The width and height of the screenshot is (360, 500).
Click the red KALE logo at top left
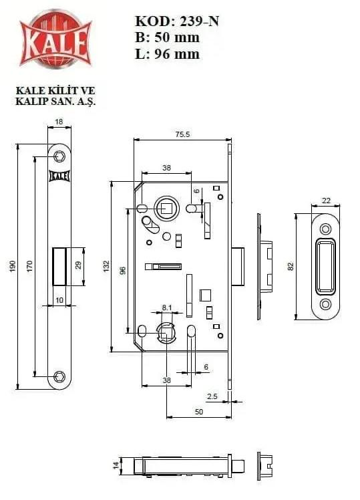[x=55, y=39]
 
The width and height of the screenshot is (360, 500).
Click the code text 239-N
[x=200, y=21]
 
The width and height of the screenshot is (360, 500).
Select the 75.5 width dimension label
[x=182, y=134]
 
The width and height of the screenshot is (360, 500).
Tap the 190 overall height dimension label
[x=13, y=266]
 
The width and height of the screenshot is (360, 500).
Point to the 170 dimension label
[x=29, y=266]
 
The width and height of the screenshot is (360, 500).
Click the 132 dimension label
[x=106, y=266]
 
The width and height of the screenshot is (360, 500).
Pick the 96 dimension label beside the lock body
[x=123, y=271]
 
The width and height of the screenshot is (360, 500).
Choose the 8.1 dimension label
[x=166, y=307]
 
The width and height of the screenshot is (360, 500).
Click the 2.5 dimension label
[x=212, y=396]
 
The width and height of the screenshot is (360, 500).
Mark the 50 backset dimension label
[x=199, y=412]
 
